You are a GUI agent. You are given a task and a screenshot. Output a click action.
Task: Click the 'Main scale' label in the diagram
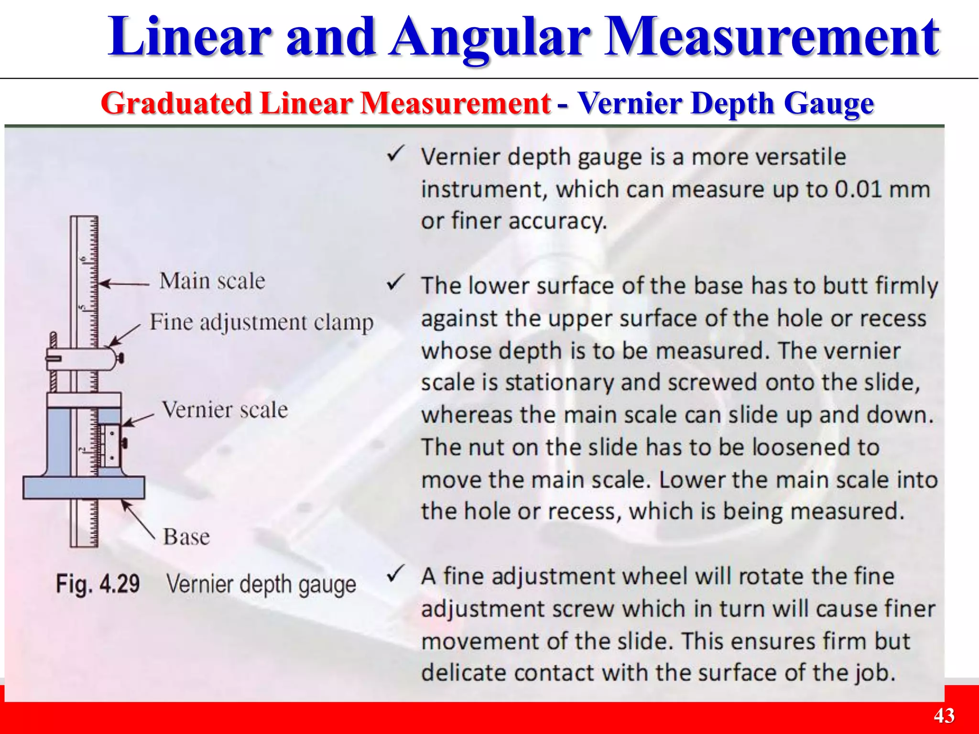click(x=212, y=281)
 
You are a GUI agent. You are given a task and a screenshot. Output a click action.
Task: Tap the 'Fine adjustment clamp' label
click(x=261, y=323)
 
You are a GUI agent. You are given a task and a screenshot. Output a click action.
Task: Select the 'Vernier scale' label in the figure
click(x=225, y=410)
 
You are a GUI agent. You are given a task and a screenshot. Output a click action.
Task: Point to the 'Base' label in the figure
click(x=186, y=537)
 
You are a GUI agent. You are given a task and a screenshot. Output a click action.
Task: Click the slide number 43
click(x=944, y=716)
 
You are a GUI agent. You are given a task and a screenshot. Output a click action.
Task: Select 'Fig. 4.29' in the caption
click(x=98, y=584)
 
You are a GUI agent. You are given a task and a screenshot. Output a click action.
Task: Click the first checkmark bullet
click(x=396, y=154)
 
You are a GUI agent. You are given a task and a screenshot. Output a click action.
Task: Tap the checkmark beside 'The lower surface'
click(x=396, y=283)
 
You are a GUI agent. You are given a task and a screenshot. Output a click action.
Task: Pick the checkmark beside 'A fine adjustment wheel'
click(x=396, y=573)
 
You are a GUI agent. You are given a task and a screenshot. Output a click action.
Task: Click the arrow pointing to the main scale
click(x=124, y=284)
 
